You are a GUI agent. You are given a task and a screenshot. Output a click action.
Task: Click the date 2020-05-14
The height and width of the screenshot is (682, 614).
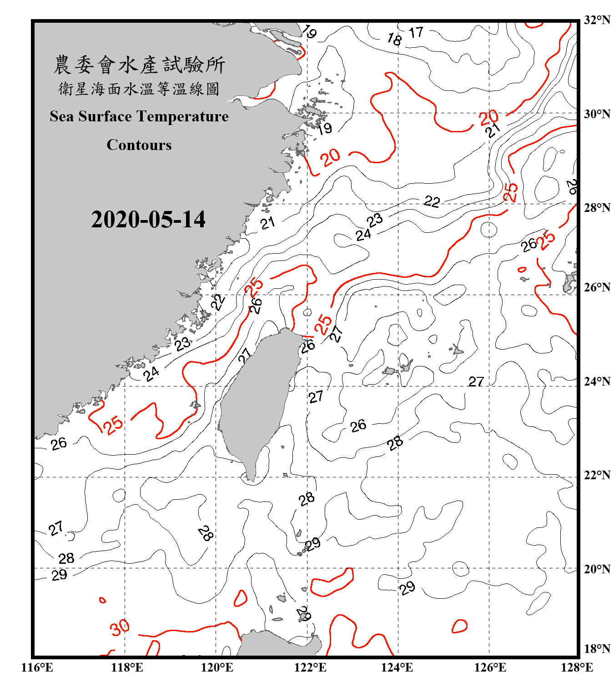click(x=148, y=220)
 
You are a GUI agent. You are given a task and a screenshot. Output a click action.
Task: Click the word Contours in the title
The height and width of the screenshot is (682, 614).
click(x=139, y=145)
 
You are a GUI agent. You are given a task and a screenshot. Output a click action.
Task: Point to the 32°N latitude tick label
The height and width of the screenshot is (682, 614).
click(x=597, y=20)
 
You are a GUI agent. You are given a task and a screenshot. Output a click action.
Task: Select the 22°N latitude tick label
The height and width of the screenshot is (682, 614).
click(x=597, y=475)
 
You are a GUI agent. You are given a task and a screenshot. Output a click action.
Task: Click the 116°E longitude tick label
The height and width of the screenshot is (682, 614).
click(x=37, y=667)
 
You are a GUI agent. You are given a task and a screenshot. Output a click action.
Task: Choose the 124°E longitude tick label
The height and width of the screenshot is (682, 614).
click(x=397, y=667)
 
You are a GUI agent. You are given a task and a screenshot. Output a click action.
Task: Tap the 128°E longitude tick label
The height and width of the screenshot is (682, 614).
click(x=577, y=667)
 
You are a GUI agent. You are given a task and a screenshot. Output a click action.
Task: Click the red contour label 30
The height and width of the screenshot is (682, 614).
click(x=120, y=628)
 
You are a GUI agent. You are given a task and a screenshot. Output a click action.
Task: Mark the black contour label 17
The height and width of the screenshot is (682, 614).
click(x=416, y=32)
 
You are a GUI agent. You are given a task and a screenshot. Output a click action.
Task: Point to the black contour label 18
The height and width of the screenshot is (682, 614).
click(x=394, y=40)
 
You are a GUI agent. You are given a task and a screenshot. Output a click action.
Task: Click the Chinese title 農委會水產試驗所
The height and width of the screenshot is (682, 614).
click(x=139, y=65)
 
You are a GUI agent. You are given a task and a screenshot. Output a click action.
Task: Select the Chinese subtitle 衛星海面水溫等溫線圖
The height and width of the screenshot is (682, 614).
click(x=139, y=89)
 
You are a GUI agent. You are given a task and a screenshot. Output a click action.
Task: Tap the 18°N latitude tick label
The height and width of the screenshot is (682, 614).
click(x=597, y=649)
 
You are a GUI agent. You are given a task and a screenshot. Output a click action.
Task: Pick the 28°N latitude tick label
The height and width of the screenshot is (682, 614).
click(x=597, y=208)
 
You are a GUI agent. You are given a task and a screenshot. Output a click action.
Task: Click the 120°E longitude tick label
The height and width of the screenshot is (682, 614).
click(x=217, y=667)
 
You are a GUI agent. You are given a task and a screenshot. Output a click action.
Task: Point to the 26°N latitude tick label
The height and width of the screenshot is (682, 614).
click(x=597, y=287)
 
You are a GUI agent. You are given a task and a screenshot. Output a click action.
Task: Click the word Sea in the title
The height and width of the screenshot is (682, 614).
click(x=62, y=116)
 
